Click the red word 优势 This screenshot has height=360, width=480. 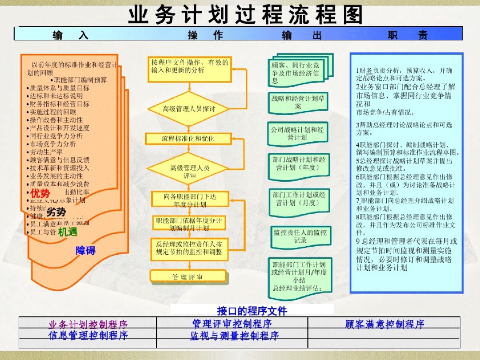pyautogui.click(x=40, y=194)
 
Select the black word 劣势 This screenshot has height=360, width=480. pyautogui.click(x=56, y=212)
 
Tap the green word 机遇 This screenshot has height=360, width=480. pyautogui.click(x=68, y=232)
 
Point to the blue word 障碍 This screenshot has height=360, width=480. pyautogui.click(x=85, y=251)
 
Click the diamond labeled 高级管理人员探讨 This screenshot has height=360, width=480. pyautogui.click(x=189, y=109)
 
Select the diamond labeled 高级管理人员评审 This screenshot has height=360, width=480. pyautogui.click(x=189, y=172)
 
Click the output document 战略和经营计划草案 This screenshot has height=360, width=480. pyautogui.click(x=298, y=103)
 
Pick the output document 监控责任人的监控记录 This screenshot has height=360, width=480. pyautogui.click(x=300, y=236)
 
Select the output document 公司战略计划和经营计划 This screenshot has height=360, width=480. pyautogui.click(x=297, y=134)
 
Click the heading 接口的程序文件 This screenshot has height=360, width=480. pyautogui.click(x=252, y=311)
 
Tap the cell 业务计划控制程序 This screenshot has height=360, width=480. pyautogui.click(x=88, y=324)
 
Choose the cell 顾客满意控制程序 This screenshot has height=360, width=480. pyautogui.click(x=385, y=324)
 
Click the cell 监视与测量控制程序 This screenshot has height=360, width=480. pyautogui.click(x=234, y=336)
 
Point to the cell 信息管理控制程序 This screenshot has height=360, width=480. pyautogui.click(x=88, y=335)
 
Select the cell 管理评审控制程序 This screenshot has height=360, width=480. pyautogui.click(x=232, y=324)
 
